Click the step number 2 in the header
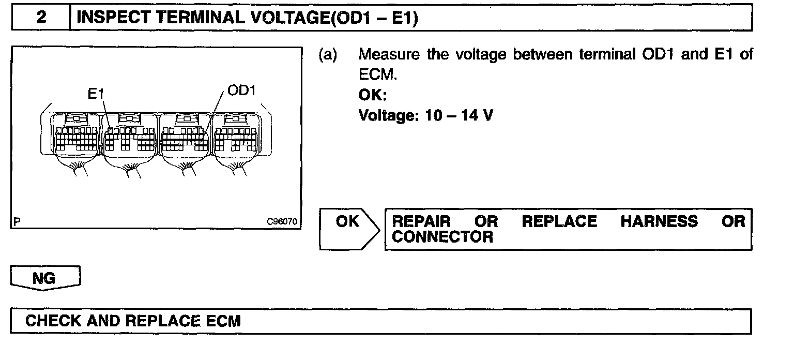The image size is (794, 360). tap(41, 18)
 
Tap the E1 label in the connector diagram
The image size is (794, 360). tap(97, 94)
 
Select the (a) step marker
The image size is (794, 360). tap(328, 55)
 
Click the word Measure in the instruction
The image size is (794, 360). tap(389, 55)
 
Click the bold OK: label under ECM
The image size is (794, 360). tap(372, 96)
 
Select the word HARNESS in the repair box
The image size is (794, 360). tap(660, 222)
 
